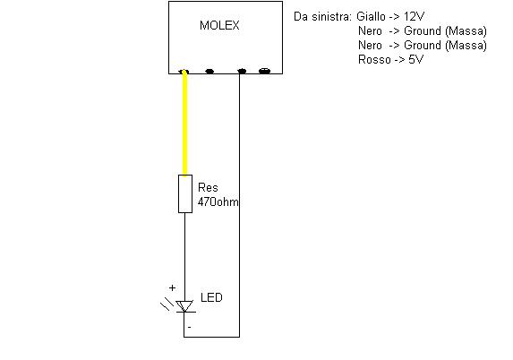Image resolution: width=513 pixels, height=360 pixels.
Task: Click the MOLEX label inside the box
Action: click(x=219, y=25)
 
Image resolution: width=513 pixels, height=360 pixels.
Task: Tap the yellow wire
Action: click(x=184, y=123)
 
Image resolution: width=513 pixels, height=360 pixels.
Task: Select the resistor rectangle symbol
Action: click(x=185, y=193)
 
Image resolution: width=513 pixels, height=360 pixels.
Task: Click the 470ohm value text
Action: click(x=218, y=201)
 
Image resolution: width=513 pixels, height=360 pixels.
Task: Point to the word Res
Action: click(x=208, y=187)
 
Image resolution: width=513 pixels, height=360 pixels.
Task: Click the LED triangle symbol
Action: click(x=184, y=306)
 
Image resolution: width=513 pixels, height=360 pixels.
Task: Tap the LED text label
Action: click(x=211, y=297)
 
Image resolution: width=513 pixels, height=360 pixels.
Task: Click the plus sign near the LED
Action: click(x=172, y=287)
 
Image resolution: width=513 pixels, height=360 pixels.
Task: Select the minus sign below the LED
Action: click(x=189, y=327)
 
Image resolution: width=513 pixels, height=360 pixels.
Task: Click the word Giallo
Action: click(x=371, y=16)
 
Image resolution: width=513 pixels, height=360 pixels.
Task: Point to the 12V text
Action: click(x=414, y=16)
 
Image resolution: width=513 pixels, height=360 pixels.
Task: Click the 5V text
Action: click(x=416, y=60)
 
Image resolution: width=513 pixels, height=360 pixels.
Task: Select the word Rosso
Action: click(x=374, y=60)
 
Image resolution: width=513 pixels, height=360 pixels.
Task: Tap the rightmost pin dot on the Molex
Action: click(x=264, y=71)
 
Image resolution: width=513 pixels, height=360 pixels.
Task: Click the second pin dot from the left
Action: click(x=209, y=71)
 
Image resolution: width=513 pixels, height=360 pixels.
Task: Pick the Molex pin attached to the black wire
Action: click(x=242, y=71)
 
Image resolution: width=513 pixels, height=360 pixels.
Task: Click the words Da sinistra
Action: click(x=322, y=16)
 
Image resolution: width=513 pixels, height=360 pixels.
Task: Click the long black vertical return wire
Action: click(x=239, y=205)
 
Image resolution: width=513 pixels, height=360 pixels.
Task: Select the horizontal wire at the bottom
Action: click(x=211, y=337)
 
